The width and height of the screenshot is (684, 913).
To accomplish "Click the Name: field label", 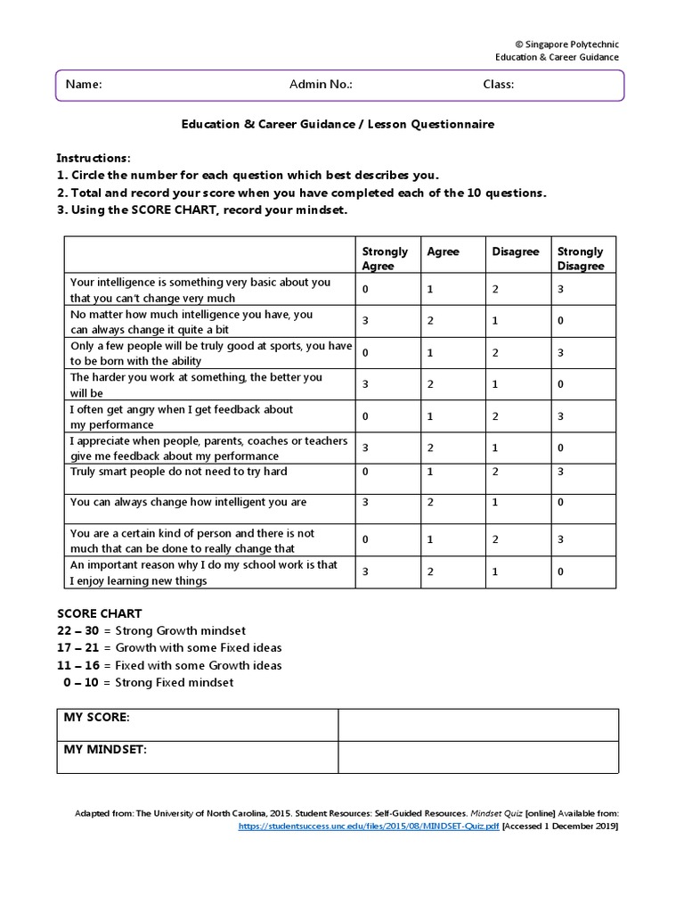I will (x=84, y=85).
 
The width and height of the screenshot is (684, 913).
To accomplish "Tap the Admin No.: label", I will (x=321, y=85).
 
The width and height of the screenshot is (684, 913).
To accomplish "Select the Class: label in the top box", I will (x=498, y=85).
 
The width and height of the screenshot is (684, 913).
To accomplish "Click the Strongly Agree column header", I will (x=385, y=259).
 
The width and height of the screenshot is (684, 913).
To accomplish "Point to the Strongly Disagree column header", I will (x=581, y=259).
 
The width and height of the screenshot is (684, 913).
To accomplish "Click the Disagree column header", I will (x=516, y=251).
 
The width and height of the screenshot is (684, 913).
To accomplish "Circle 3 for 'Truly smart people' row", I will (x=560, y=471).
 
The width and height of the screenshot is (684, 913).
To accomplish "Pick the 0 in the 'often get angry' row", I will (x=365, y=416).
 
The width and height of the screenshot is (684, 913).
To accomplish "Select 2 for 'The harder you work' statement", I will (x=430, y=384).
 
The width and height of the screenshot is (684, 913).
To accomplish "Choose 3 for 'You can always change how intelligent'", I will (x=365, y=502).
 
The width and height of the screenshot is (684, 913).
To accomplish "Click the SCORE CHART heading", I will (x=99, y=613).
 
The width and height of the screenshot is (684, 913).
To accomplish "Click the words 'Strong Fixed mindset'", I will (x=175, y=682).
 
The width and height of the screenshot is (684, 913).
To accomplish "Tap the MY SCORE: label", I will (x=96, y=717).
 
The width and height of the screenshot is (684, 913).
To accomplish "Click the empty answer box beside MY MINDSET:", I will (x=477, y=756).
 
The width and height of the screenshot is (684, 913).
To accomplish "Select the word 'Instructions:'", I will (x=94, y=157).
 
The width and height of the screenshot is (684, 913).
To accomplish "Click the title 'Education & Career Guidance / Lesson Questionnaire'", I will (x=338, y=125).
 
